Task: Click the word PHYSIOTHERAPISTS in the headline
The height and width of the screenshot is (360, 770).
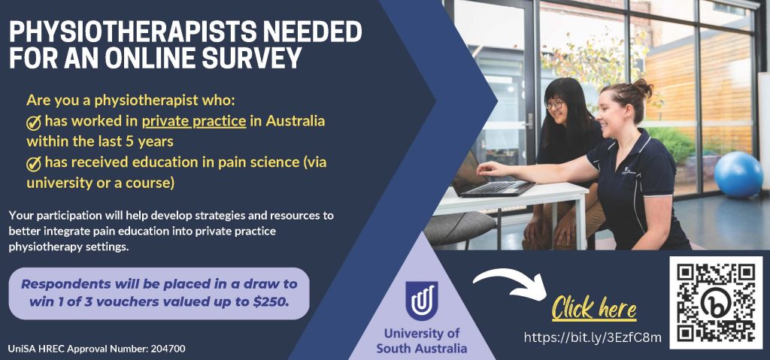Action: coord(126,32)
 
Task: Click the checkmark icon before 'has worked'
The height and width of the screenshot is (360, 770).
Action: coord(33,123)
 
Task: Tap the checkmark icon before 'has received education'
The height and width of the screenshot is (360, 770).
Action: coord(33,164)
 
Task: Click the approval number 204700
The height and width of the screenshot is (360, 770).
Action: coord(168,349)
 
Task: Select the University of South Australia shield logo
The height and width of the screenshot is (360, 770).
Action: coord(421,301)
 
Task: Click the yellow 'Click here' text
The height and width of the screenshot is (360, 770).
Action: coord(594,308)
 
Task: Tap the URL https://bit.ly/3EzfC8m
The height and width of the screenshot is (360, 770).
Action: coord(593,337)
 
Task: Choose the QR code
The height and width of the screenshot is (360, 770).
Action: coord(716,303)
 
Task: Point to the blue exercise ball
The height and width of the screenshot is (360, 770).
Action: coord(738,174)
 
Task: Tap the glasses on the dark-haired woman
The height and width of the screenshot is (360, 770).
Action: coord(554,104)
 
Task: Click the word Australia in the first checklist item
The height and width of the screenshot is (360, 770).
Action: coord(296,121)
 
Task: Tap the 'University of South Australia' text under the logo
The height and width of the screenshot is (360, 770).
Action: coord(421,341)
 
